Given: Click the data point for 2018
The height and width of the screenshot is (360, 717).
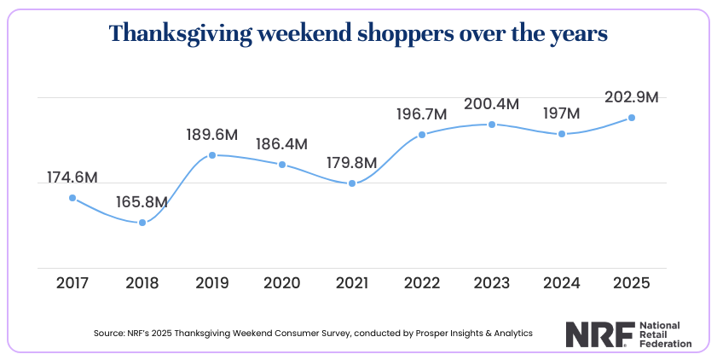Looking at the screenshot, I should point(142,223).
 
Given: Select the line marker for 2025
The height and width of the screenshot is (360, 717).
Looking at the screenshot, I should point(632,118).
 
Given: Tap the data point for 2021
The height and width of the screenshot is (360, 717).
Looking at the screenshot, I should point(352,183).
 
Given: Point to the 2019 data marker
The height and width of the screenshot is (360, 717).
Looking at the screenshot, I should point(212,155).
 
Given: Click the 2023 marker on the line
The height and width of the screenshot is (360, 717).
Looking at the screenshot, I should point(492,125).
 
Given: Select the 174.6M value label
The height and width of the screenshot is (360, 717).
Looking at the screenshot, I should point(72,177).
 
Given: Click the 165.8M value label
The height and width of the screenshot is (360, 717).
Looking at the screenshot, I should point(142,203).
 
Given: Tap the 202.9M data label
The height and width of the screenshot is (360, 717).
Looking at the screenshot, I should point(632,97).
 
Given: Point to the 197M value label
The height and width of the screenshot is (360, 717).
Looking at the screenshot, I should point(561,113).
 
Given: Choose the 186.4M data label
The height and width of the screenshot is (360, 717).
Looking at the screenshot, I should point(282,144).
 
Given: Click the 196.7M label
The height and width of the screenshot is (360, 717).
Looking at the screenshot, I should point(422,113).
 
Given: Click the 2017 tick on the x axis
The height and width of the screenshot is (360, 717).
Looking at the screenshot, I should point(72,282).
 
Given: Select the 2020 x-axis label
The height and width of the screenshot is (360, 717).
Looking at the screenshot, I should point(282,282).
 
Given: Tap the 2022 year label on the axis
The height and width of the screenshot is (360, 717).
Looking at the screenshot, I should point(422,282).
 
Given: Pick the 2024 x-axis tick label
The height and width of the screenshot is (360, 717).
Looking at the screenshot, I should point(562,282).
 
